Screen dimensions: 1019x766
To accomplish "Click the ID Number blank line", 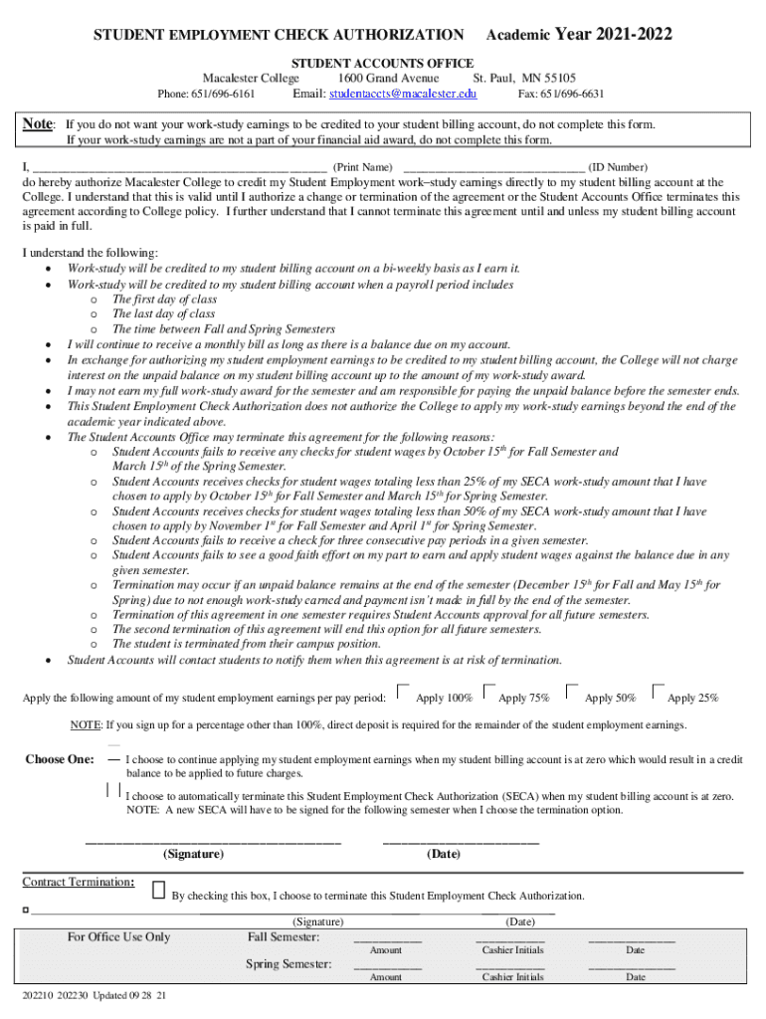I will (493, 166).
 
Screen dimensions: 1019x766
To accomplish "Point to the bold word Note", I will (38, 124).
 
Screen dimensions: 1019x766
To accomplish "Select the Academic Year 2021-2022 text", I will (579, 36).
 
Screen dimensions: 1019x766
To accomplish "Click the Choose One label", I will (60, 760).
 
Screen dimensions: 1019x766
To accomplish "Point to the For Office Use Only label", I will (118, 936).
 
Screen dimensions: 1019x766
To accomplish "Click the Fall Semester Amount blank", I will (387, 938).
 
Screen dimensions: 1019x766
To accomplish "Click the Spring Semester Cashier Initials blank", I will (510, 965).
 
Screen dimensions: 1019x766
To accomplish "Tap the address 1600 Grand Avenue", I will (388, 79).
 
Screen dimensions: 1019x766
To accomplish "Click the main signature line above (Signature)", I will (213, 842).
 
